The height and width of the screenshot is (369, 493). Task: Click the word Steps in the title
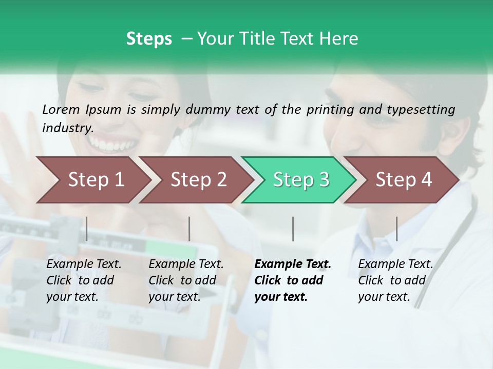click(149, 39)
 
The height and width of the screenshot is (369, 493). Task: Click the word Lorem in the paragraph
click(61, 109)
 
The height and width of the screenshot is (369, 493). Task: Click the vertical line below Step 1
click(87, 229)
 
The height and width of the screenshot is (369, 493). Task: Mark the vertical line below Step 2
click(189, 229)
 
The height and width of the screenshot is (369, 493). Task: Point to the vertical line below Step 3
click(293, 229)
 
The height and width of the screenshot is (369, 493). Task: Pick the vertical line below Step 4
click(396, 229)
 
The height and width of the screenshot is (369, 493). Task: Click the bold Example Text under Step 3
click(293, 264)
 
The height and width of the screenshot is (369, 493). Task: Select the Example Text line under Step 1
click(84, 264)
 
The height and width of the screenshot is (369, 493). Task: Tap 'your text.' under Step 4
click(384, 297)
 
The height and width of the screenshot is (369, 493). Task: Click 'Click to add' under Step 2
click(182, 280)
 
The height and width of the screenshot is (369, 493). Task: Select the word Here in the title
click(338, 39)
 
